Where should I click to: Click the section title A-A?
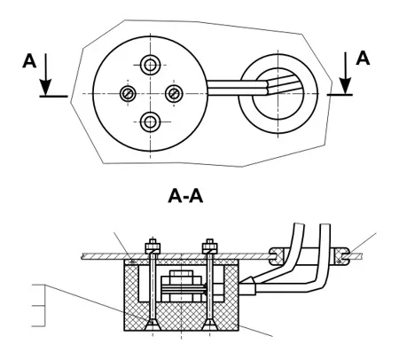coord(185,196)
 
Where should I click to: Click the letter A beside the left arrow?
coord(29,61)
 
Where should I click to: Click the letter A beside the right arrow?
coord(363,58)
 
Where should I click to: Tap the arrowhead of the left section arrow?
coord(46,87)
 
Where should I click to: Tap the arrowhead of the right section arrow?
coord(345,86)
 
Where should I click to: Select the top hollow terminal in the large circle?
coord(150,65)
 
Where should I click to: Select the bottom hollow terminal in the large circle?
coord(150,122)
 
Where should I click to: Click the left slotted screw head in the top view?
coord(128,94)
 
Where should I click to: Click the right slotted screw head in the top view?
coord(174,94)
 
